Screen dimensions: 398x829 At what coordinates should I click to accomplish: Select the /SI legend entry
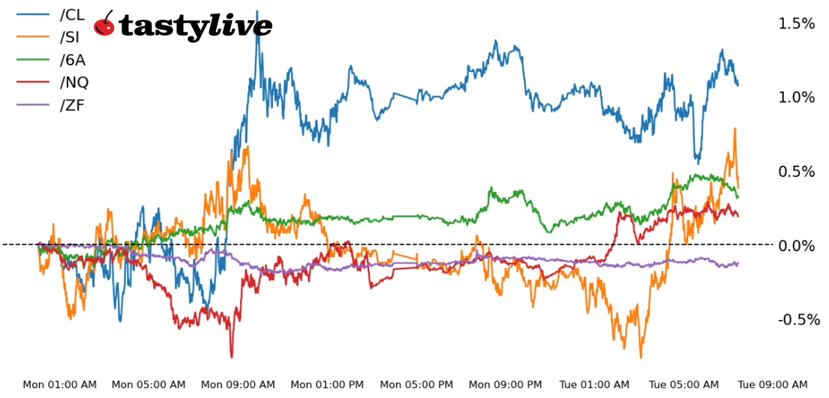point(70,37)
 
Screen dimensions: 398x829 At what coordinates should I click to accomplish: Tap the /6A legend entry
point(72,59)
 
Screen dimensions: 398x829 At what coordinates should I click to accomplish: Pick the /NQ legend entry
point(74,82)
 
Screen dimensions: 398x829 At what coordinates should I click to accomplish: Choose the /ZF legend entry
point(72,104)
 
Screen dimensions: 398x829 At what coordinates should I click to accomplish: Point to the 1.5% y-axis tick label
point(796,24)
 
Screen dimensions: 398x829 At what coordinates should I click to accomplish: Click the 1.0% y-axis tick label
point(796,98)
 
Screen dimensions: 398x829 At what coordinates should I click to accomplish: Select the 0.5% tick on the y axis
point(796,172)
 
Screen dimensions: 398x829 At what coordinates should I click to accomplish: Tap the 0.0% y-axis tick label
point(796,246)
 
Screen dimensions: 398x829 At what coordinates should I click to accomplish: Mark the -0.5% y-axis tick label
point(794,320)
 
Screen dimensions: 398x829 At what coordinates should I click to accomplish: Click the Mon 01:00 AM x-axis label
point(59,385)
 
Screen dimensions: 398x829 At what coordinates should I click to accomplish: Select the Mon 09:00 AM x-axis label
point(239,385)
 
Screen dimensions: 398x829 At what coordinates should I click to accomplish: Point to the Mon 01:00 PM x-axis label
point(327,385)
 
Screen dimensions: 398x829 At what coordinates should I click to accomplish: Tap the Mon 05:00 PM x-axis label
point(416,385)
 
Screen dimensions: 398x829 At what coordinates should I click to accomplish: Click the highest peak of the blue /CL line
point(257,12)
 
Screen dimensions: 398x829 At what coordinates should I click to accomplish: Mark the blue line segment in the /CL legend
point(32,14)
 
